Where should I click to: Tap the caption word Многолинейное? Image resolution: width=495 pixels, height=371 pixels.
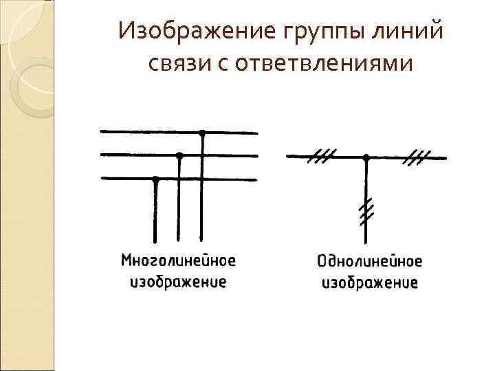178,261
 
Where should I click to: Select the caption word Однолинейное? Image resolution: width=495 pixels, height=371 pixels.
369,262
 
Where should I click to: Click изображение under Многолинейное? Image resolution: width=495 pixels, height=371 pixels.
178,282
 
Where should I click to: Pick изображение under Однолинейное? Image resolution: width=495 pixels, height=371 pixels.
369,282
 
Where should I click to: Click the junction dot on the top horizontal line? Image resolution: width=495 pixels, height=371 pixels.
202,132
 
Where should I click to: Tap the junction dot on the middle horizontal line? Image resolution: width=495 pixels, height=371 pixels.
179,155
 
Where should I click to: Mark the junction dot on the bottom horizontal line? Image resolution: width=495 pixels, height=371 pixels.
156,179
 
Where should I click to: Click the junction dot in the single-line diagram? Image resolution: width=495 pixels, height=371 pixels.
366,157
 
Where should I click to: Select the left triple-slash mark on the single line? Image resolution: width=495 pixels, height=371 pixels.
318,157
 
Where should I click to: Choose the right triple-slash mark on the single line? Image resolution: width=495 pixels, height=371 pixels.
415,157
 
